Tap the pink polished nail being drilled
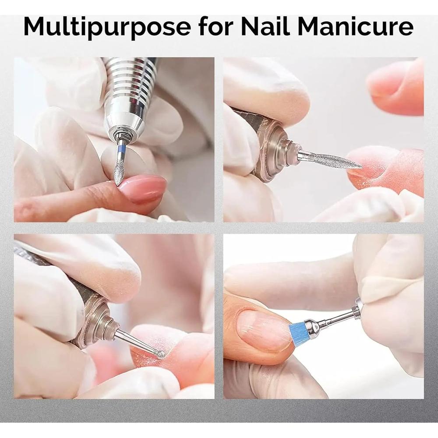[143, 188]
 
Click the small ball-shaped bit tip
[161, 355]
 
